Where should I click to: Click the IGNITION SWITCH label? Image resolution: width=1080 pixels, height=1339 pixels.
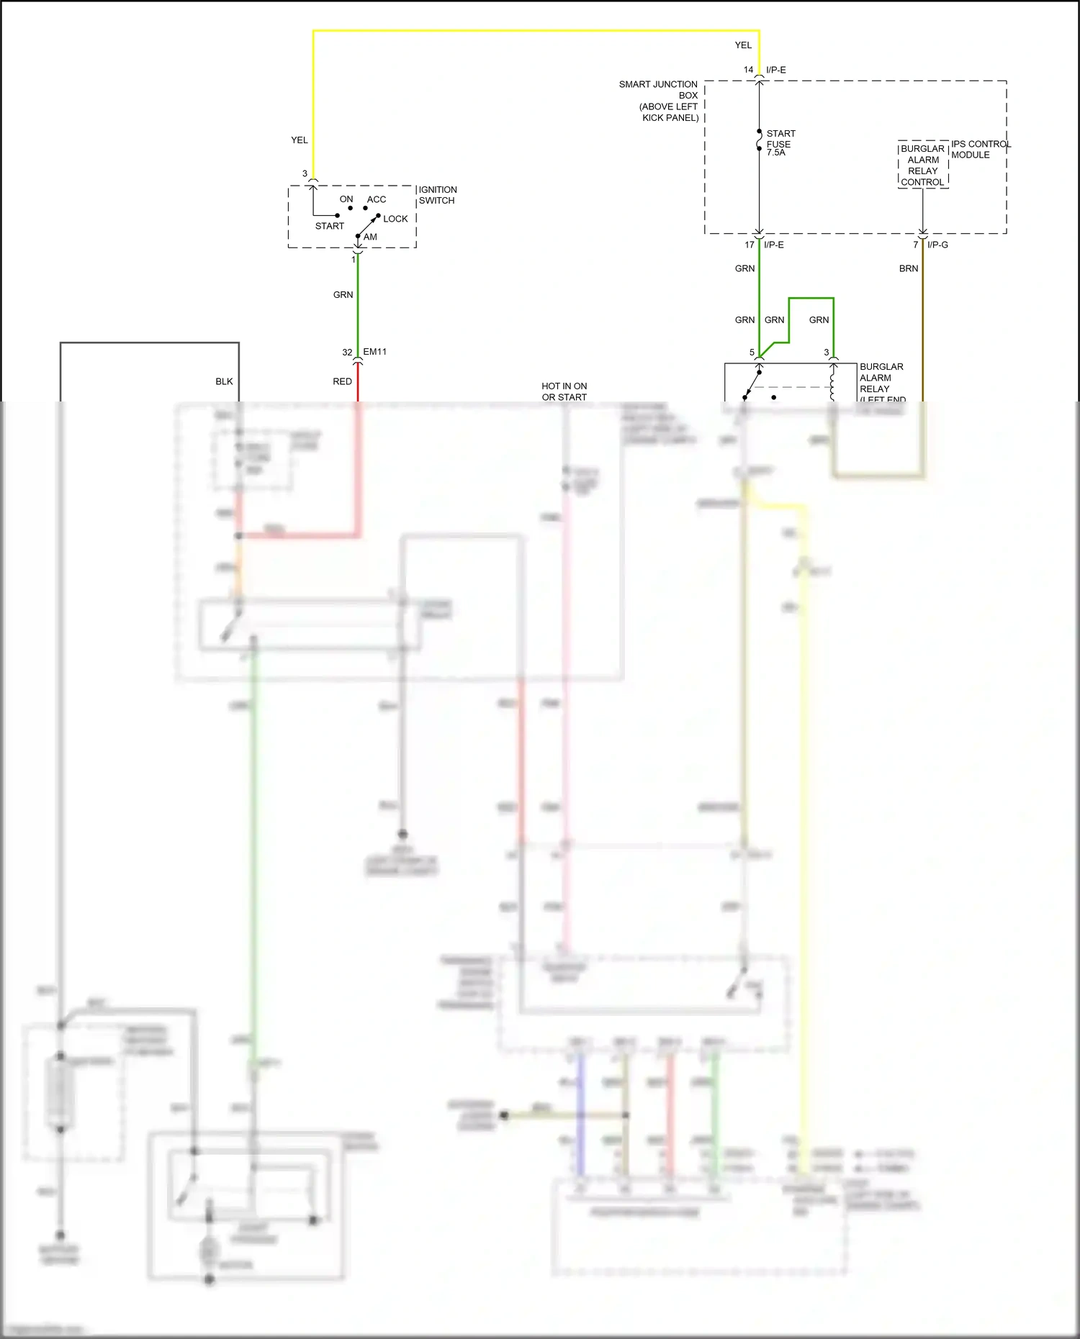click(437, 195)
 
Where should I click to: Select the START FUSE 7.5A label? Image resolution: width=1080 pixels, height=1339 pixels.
click(780, 142)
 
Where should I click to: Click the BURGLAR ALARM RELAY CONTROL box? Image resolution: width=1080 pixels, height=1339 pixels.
click(922, 165)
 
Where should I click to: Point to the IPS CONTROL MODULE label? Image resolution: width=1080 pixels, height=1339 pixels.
click(980, 149)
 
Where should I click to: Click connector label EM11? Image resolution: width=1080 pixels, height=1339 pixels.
click(374, 352)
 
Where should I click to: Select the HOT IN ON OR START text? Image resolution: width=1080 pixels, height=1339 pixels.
click(564, 391)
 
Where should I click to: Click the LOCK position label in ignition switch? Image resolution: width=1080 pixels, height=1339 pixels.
click(395, 219)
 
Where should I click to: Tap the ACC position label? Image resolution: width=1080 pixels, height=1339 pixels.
click(377, 199)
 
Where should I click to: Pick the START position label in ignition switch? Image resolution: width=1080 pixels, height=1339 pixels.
click(329, 226)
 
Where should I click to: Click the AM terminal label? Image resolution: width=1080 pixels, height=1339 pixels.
click(370, 237)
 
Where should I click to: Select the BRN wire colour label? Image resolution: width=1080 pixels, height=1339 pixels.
click(908, 268)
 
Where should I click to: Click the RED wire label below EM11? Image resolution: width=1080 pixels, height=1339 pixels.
click(342, 381)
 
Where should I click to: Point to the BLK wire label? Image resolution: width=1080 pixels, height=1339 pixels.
click(224, 381)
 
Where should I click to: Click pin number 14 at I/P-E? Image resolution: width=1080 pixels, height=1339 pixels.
click(748, 70)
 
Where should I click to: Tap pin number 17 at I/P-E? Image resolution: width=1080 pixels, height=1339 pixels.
click(749, 245)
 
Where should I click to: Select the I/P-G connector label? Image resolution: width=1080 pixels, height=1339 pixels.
click(937, 245)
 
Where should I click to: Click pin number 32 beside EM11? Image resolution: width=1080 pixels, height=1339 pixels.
click(347, 353)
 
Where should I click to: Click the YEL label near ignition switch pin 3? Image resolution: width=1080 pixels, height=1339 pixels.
click(300, 140)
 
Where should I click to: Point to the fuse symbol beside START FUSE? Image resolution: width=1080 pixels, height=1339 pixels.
click(759, 140)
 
